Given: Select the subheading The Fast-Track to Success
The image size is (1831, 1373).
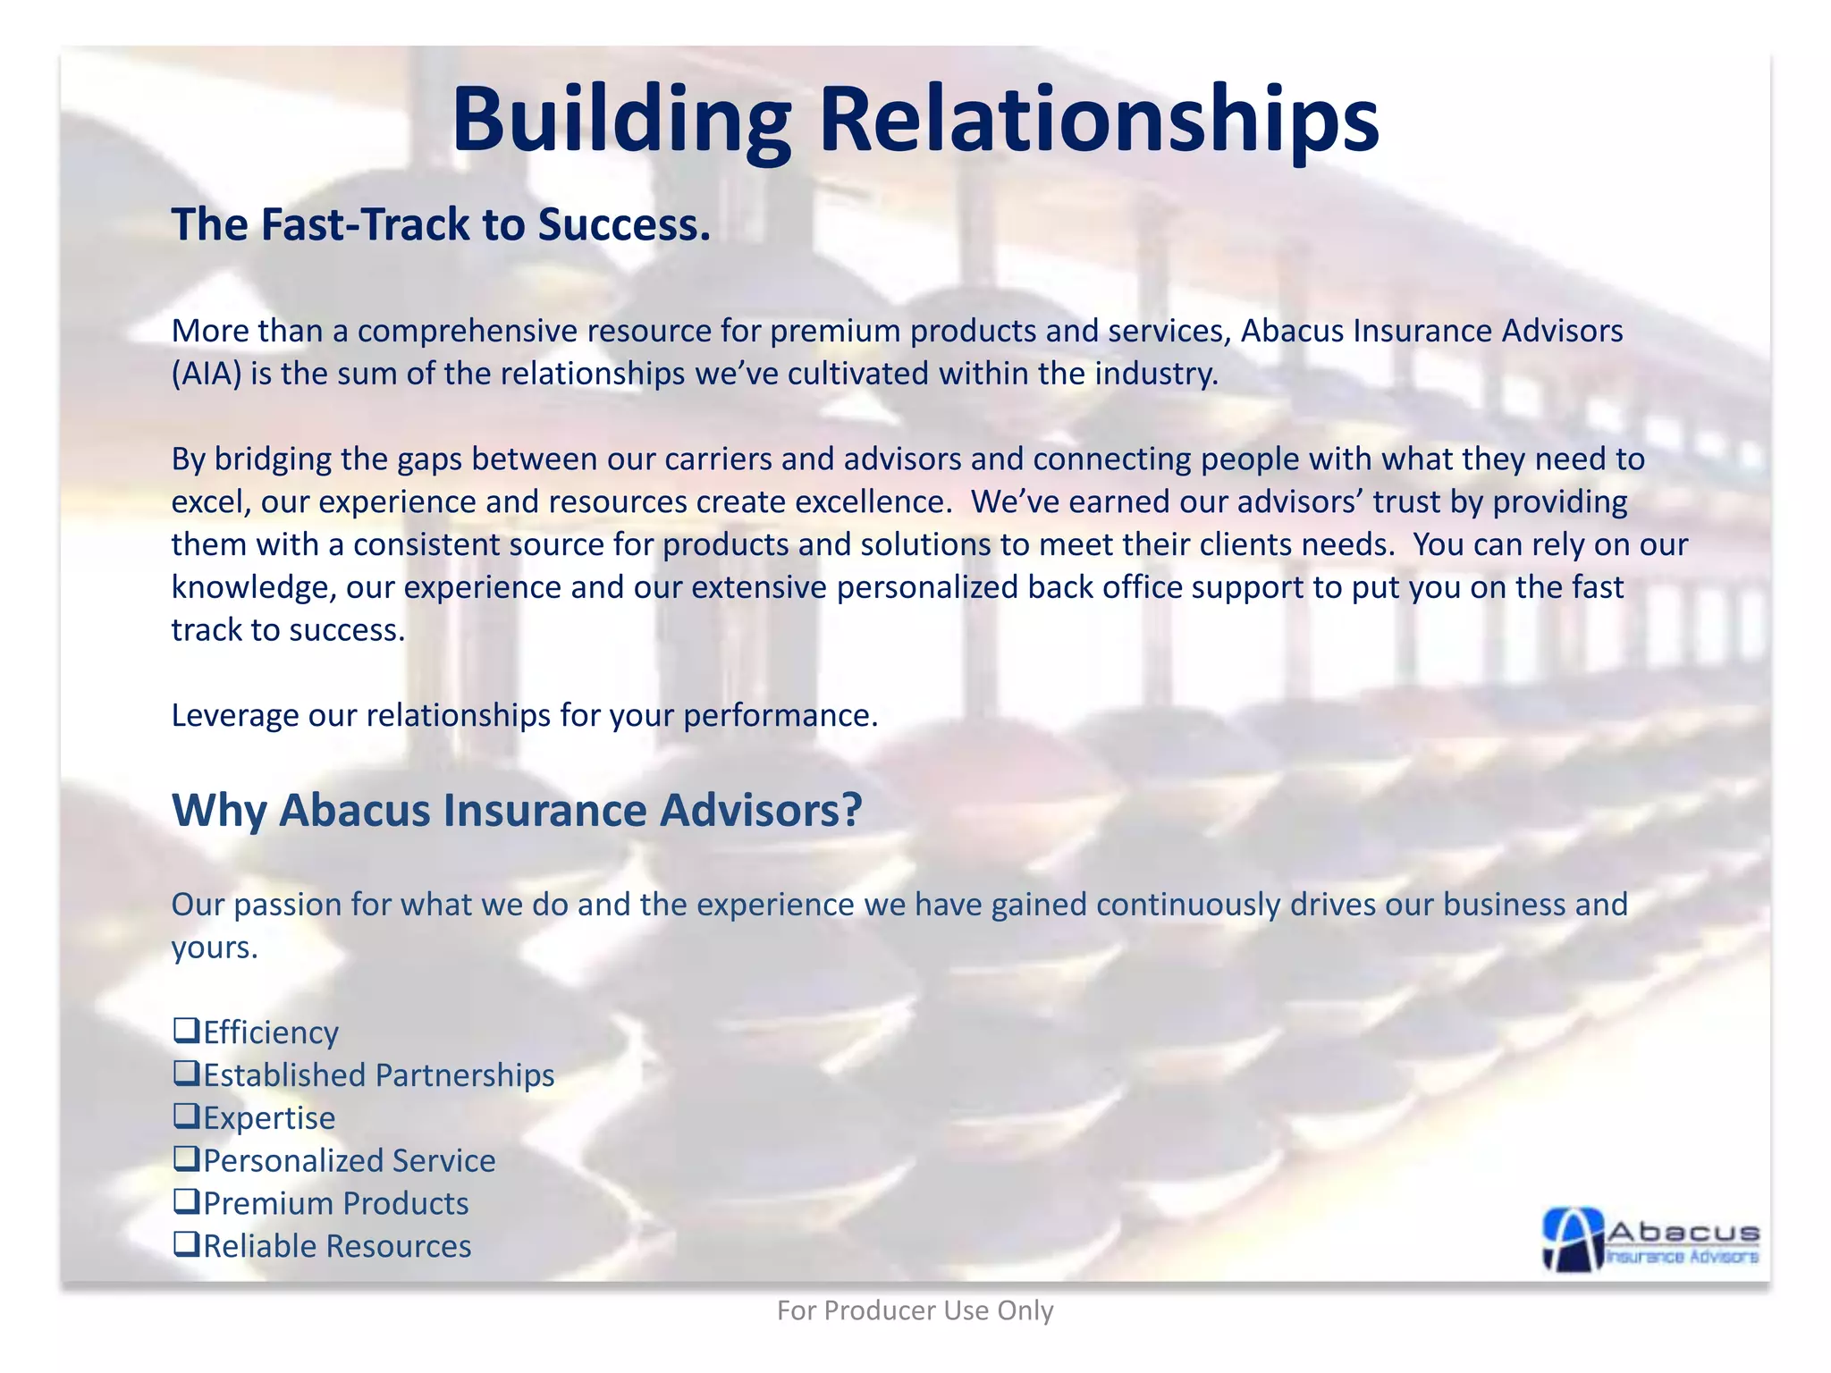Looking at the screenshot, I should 441,224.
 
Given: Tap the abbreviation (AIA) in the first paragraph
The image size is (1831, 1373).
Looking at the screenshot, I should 207,374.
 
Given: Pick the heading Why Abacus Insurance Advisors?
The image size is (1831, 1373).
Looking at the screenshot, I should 517,810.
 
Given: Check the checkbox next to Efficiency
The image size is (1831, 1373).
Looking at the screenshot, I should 186,1031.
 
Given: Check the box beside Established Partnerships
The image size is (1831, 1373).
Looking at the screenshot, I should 186,1074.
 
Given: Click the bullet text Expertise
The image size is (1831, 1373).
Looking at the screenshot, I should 269,1118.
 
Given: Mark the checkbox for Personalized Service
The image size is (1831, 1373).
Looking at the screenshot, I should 186,1159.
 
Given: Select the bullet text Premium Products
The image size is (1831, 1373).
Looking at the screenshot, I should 335,1204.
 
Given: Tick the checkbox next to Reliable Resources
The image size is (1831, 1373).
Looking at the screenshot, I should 186,1244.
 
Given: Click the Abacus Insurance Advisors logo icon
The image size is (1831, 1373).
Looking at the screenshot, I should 1574,1239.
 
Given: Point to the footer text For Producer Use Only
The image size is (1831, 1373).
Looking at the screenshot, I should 915,1310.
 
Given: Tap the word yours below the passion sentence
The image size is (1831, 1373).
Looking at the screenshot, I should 214,948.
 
